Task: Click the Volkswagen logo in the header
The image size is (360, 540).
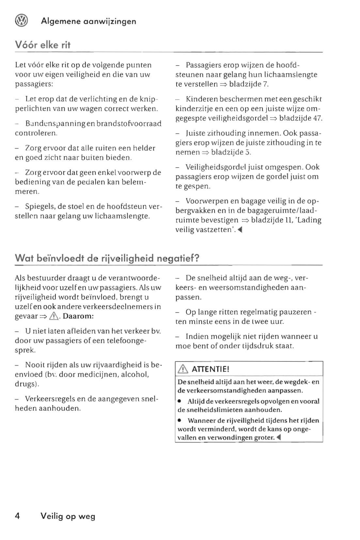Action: tap(22, 21)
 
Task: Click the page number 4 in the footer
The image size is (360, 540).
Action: tap(18, 516)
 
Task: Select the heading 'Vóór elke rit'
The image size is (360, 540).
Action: tap(43, 45)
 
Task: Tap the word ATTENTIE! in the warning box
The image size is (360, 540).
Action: tap(211, 369)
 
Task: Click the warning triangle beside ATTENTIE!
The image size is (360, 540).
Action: tap(183, 369)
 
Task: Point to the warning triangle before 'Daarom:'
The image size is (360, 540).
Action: tap(54, 316)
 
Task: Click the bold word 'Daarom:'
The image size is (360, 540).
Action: tap(78, 316)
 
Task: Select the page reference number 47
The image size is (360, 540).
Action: tap(317, 118)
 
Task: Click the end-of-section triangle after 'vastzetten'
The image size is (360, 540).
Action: tap(240, 230)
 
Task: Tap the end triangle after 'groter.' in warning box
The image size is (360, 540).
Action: tap(278, 438)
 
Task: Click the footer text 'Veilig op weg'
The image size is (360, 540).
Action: tap(68, 516)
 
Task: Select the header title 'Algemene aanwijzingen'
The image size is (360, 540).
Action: tap(88, 21)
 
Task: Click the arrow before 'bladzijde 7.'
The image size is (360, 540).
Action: tap(223, 84)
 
